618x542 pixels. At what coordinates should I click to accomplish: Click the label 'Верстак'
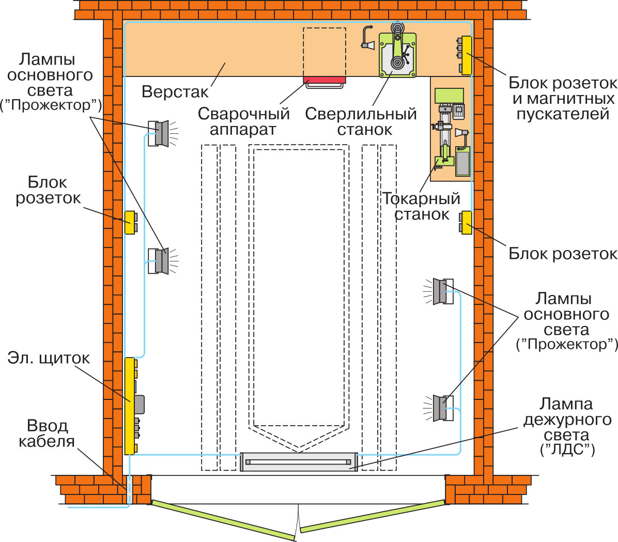pos(175,92)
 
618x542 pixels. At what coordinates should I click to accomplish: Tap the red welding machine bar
pos(324,80)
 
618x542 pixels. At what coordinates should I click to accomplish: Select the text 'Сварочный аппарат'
pos(243,121)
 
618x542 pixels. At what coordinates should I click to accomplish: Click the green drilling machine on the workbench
pos(397,54)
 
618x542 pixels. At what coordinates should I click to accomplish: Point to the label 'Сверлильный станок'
pos(361,121)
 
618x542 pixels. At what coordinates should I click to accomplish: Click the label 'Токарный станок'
pos(421,206)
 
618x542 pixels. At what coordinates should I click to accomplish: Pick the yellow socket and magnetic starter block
pos(466,55)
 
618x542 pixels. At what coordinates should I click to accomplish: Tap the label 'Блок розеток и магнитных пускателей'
pos(563,98)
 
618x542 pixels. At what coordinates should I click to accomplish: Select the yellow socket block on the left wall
pos(130,223)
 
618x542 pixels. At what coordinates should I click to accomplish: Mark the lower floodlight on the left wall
pos(162,261)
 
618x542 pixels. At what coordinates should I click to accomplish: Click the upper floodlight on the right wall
pos(440,291)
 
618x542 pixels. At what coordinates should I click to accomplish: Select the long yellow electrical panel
pos(130,406)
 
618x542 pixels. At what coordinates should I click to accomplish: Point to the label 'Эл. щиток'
pos(49,358)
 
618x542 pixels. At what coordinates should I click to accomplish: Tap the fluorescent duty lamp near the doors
pos(299,461)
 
